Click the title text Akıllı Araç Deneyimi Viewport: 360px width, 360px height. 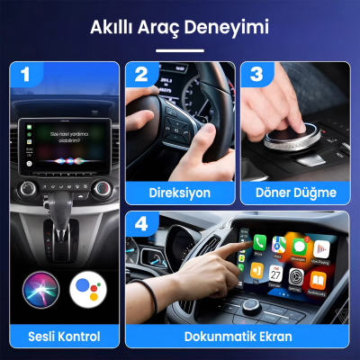tap(180, 28)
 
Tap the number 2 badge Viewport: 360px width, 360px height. tap(141, 76)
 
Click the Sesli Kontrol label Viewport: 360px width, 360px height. tap(64, 337)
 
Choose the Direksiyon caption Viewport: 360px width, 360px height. tap(180, 192)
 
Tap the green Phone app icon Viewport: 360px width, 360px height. tap(259, 243)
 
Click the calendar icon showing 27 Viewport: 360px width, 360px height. tap(274, 274)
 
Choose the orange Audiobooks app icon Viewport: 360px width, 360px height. tap(318, 279)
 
